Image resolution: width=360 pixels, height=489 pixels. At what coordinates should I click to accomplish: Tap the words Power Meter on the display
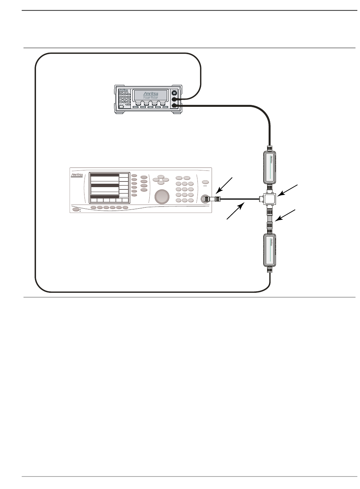click(151, 98)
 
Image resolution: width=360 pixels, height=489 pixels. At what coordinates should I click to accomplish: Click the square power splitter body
click(269, 198)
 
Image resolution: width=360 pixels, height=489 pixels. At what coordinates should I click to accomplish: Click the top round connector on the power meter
click(174, 93)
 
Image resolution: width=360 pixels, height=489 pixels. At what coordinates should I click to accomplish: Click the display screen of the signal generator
click(105, 188)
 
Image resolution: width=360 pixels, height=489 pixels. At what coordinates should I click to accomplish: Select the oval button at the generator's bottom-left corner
click(76, 209)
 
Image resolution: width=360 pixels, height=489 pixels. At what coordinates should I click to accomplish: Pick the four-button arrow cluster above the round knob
click(161, 180)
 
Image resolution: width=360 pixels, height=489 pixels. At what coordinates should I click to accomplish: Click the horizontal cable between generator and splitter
click(239, 198)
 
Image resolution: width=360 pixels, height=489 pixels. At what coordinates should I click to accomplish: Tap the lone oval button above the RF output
click(206, 182)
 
